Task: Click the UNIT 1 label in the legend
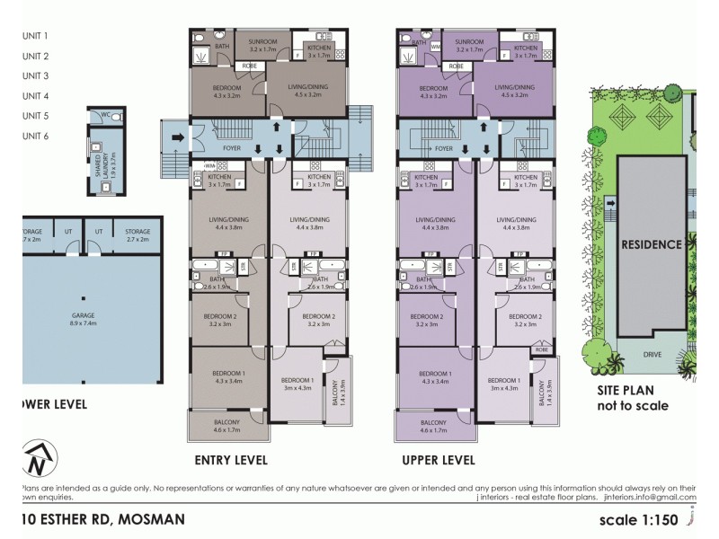coord(35,36)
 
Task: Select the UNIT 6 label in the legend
coord(35,136)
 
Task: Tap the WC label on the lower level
coord(106,115)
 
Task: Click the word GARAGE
coord(84,315)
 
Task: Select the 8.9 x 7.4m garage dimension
coord(84,325)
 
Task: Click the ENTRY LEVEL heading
coord(231,460)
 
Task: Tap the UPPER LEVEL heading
coord(439,460)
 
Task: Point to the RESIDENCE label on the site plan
coord(654,244)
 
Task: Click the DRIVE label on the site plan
coord(652,355)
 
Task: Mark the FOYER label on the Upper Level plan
coord(443,148)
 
